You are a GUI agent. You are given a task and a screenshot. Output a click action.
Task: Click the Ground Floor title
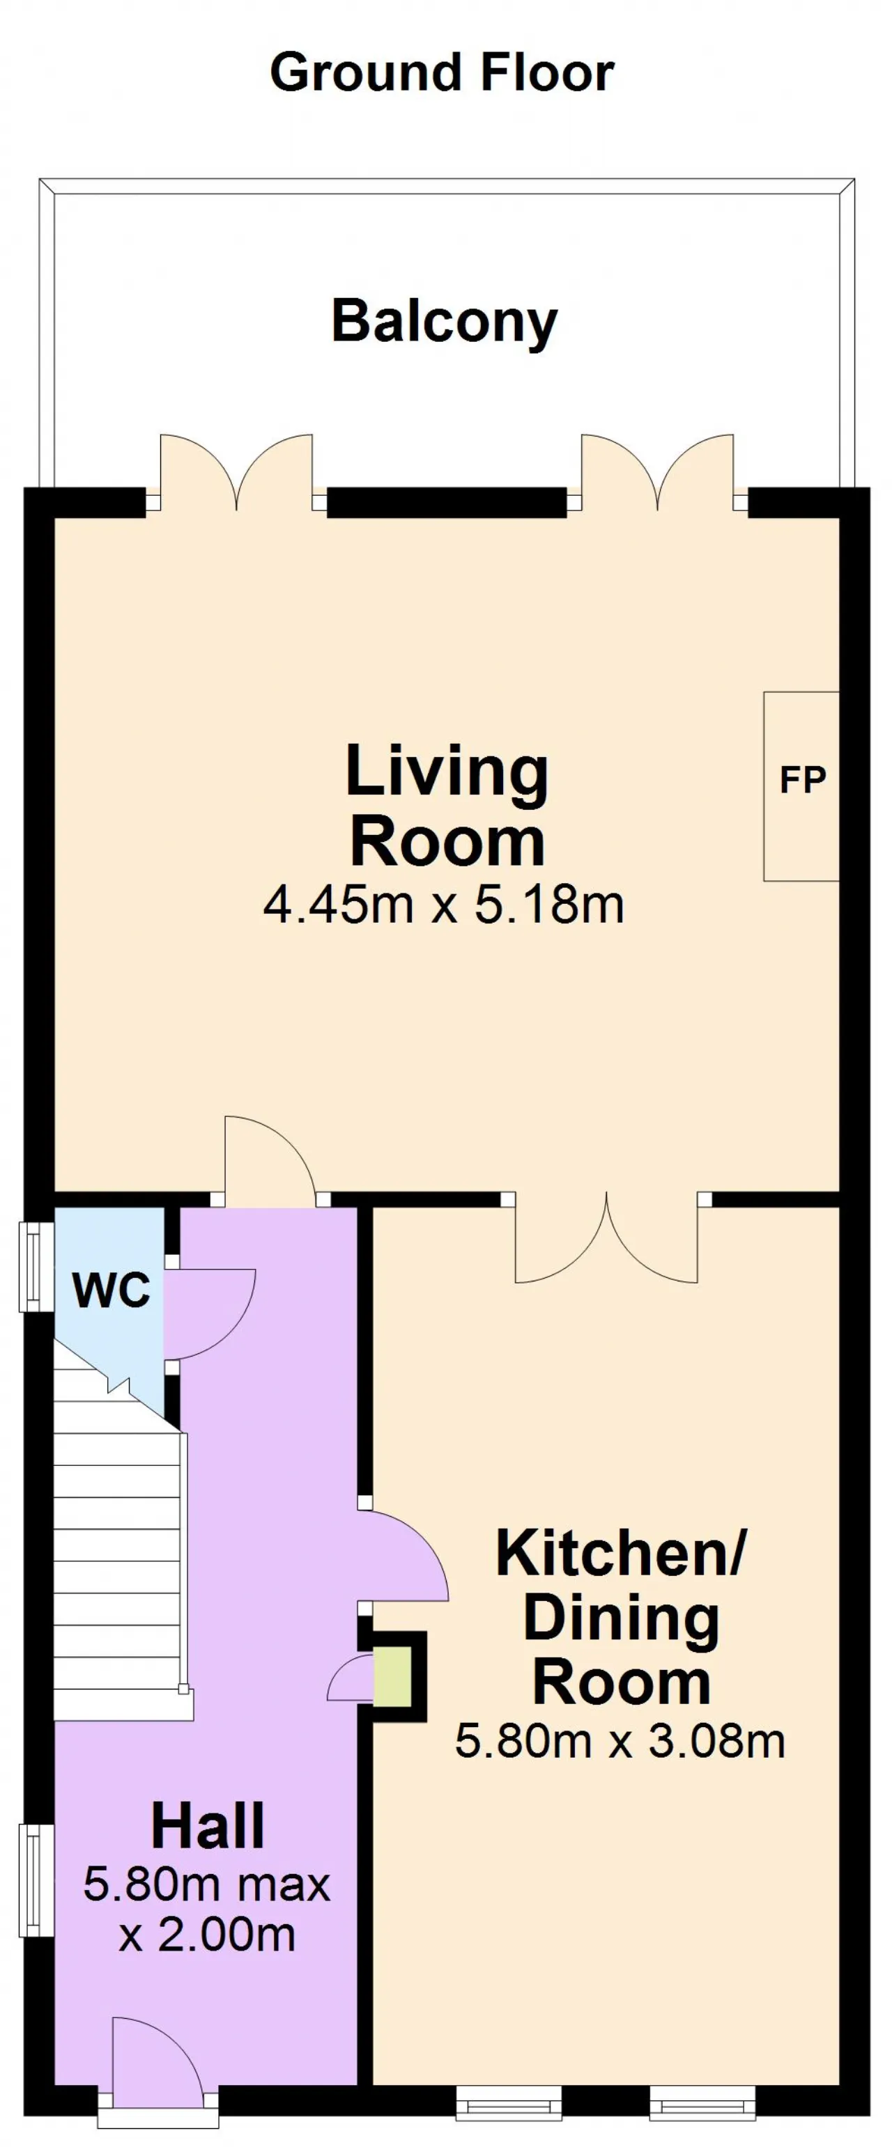pyautogui.click(x=442, y=72)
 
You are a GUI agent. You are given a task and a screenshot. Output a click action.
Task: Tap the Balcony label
pyautogui.click(x=445, y=322)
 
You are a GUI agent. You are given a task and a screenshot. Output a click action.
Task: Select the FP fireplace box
pyautogui.click(x=801, y=786)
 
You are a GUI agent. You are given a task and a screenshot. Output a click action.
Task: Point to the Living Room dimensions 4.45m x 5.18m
pyautogui.click(x=443, y=905)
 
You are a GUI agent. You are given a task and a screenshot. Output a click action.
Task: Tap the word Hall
pyautogui.click(x=208, y=1826)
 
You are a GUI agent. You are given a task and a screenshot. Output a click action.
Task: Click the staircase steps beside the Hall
pyautogui.click(x=118, y=1550)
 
